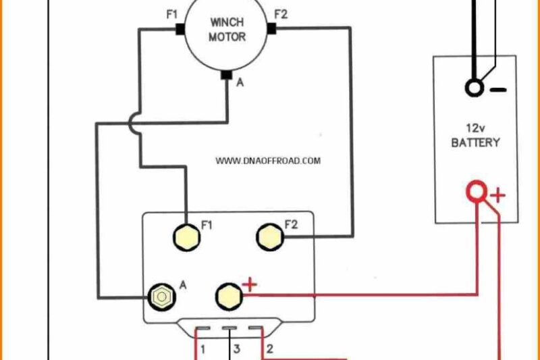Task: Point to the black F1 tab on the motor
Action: coord(180,28)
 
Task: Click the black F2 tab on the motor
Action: coord(272,28)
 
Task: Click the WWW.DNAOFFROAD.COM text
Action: coord(268,161)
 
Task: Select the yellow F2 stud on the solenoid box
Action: coord(269,236)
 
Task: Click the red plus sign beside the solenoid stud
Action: coord(250,285)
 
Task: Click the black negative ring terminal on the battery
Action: coord(475,88)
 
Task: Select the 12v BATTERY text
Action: coord(475,136)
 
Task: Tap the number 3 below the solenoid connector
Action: coord(236,350)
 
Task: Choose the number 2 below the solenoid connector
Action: coord(269,350)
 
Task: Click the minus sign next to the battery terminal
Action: coord(498,89)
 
